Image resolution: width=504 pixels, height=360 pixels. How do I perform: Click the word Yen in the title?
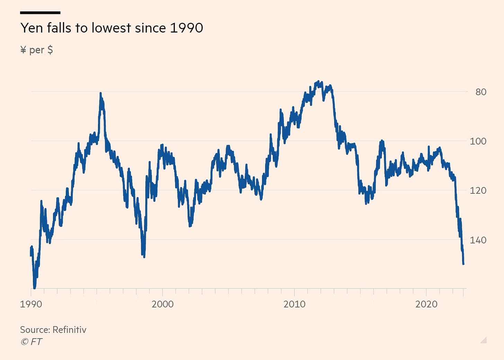click(x=31, y=28)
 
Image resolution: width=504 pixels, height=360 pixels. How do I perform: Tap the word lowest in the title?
click(x=111, y=28)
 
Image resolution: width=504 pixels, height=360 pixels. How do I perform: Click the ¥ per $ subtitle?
click(x=36, y=50)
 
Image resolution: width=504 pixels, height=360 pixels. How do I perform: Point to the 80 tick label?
click(x=481, y=92)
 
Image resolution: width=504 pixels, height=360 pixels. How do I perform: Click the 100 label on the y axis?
click(x=478, y=141)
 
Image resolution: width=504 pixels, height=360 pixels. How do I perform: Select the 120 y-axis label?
click(x=478, y=191)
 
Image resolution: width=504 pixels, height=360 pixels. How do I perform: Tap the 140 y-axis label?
click(x=478, y=240)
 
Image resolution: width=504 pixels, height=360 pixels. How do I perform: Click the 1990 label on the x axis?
click(x=31, y=304)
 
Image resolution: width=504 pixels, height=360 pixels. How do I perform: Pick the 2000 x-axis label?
click(x=163, y=304)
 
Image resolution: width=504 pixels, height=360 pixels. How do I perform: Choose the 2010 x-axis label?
click(x=295, y=304)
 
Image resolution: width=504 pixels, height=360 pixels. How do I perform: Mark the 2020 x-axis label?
click(x=426, y=304)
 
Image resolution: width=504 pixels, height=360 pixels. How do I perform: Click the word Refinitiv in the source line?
click(x=70, y=330)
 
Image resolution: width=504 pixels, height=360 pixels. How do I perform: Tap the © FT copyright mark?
click(x=31, y=342)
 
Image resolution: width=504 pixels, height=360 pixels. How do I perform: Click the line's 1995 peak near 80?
click(x=100, y=93)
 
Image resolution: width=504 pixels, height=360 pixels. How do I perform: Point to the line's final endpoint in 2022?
click(x=463, y=264)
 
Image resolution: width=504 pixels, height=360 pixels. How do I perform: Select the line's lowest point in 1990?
click(x=34, y=287)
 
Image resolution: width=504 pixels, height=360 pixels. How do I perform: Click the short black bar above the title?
click(x=40, y=13)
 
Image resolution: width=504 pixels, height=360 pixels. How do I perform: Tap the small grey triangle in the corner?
click(x=484, y=340)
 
